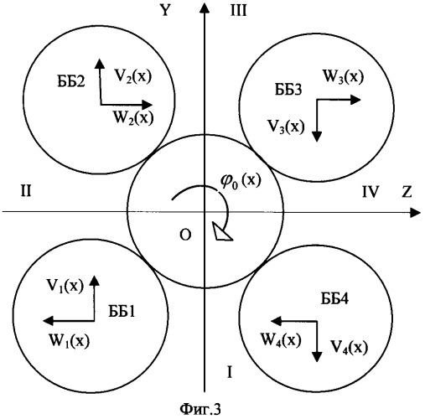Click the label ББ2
[x=71, y=82]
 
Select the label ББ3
[x=288, y=90]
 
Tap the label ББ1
[x=122, y=311]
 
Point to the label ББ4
[x=334, y=298]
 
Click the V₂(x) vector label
[x=133, y=75]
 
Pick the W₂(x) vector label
[x=133, y=117]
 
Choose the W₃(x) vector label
[x=343, y=76]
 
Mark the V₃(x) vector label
[x=286, y=127]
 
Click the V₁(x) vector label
[x=65, y=286]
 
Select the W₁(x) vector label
[x=70, y=340]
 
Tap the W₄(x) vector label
[x=281, y=339]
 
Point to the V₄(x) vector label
[x=350, y=347]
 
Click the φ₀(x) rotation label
[x=241, y=181]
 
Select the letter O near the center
[x=185, y=235]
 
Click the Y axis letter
[x=165, y=10]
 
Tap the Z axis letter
[x=407, y=192]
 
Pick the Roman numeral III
[x=238, y=11]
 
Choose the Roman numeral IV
[x=371, y=192]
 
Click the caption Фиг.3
[x=200, y=409]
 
